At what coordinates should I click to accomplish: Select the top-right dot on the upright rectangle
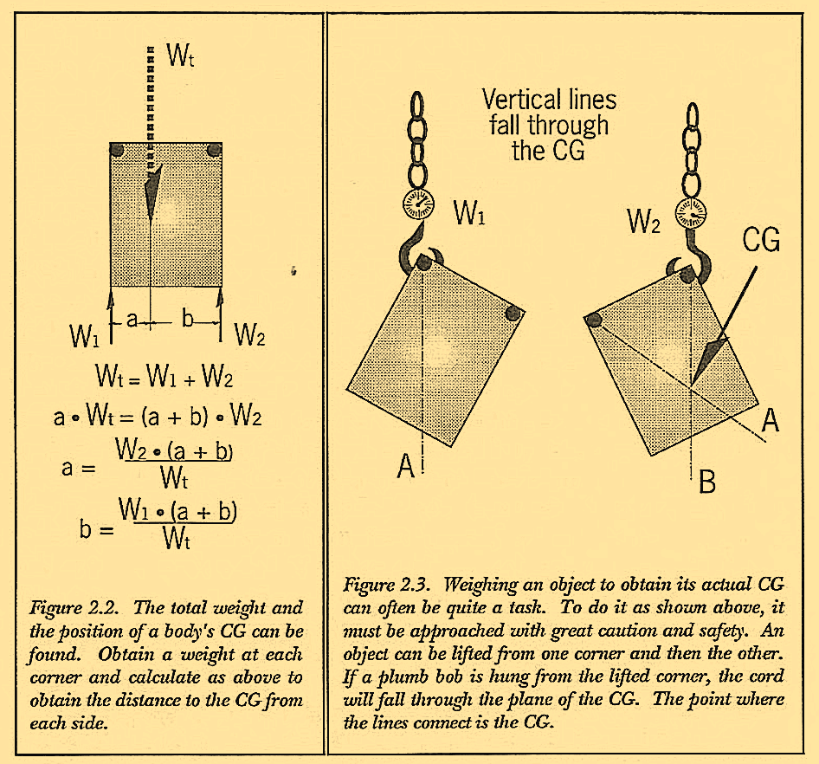click(x=212, y=152)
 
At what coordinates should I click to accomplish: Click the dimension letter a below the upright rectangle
click(x=132, y=320)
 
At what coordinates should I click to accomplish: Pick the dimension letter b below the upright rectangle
click(x=188, y=320)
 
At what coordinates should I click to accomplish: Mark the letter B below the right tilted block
click(x=706, y=482)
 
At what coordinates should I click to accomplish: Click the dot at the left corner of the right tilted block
click(x=594, y=320)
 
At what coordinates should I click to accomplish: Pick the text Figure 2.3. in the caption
click(x=386, y=582)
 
